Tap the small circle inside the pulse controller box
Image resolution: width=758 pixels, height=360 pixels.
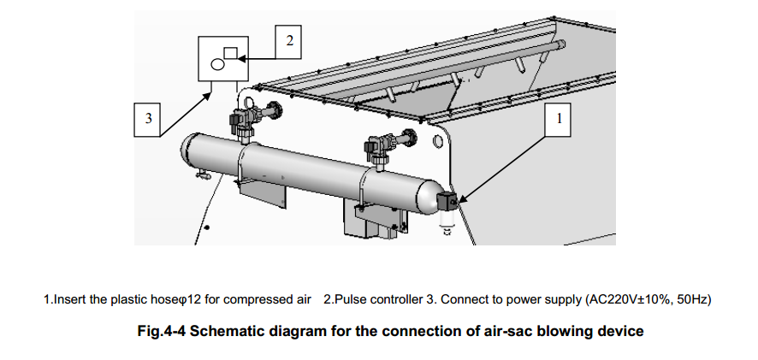217,64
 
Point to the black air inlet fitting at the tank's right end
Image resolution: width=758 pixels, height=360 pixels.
447,202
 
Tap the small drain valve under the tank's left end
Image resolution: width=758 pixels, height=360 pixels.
202,176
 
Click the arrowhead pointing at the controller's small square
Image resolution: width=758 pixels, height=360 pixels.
242,57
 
